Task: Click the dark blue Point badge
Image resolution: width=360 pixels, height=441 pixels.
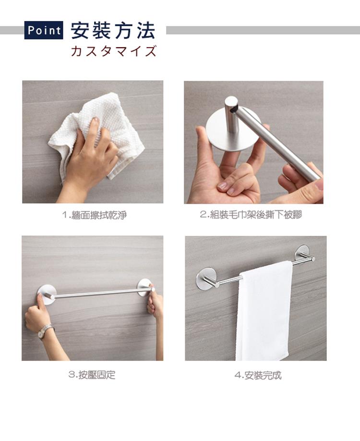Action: pyautogui.click(x=44, y=30)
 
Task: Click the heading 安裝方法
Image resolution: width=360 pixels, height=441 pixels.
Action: pyautogui.click(x=113, y=30)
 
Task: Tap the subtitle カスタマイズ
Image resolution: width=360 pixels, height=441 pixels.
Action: pyautogui.click(x=113, y=51)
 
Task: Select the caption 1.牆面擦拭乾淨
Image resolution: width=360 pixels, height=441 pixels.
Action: pyautogui.click(x=94, y=215)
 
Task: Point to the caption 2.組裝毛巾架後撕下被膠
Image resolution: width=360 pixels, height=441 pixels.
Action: pyautogui.click(x=251, y=215)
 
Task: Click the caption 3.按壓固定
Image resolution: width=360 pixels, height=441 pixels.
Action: pyautogui.click(x=92, y=375)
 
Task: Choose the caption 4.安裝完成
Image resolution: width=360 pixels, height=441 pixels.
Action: pyautogui.click(x=258, y=375)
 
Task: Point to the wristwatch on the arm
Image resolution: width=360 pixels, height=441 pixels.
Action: pyautogui.click(x=45, y=331)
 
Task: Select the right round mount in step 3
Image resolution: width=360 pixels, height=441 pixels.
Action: pyautogui.click(x=145, y=288)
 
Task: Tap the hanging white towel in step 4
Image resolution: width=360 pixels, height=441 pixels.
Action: pyautogui.click(x=264, y=311)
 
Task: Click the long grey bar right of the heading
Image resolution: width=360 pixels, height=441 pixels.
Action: pyautogui.click(x=263, y=30)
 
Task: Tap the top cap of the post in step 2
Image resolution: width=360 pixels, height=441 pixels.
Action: pyautogui.click(x=231, y=103)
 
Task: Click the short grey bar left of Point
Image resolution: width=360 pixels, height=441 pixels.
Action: pyautogui.click(x=12, y=30)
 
